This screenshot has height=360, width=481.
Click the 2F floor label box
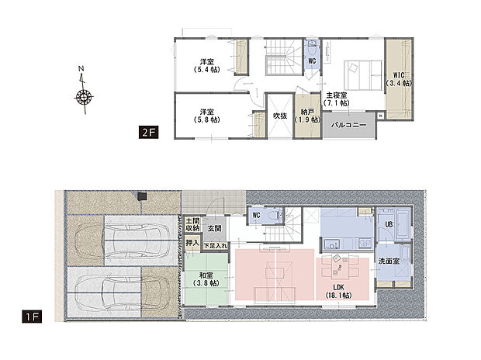(148, 132)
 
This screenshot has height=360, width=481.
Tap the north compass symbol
(84, 97)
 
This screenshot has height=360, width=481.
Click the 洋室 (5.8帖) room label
(207, 115)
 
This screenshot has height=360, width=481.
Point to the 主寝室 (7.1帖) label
(336, 99)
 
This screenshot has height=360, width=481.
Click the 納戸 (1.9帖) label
(308, 116)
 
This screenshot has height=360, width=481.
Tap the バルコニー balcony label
(349, 124)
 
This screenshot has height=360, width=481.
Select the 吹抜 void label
(280, 116)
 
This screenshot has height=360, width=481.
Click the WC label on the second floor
(311, 61)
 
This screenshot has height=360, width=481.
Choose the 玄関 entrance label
(214, 229)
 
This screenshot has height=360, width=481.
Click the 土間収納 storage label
(193, 225)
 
